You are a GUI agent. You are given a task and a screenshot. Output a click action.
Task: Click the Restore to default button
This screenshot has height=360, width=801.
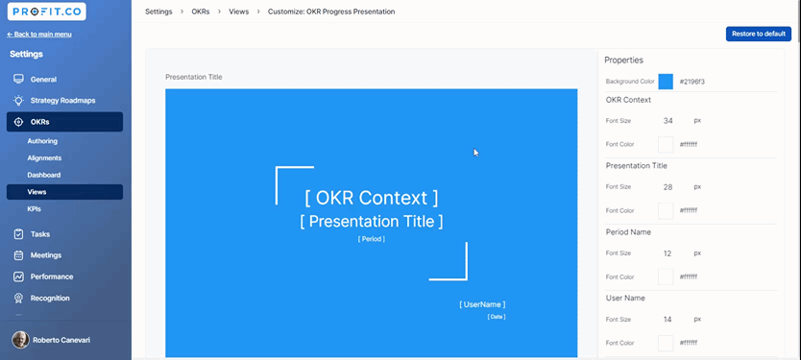pos(759,34)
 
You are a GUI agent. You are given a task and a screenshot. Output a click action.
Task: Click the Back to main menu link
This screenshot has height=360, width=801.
pos(39,35)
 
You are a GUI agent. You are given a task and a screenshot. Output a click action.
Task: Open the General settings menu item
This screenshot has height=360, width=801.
pos(43,79)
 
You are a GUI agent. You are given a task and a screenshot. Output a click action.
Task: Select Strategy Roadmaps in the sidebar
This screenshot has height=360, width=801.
pos(62,101)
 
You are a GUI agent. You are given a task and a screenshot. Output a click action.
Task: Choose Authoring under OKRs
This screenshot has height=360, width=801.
pos(42,141)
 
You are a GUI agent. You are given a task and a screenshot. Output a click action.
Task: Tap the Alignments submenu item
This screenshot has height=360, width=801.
pos(44,157)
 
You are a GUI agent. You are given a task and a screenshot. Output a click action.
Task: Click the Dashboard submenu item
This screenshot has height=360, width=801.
pos(44,175)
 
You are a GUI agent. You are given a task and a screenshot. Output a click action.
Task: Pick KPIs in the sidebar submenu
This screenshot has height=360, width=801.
pos(35,209)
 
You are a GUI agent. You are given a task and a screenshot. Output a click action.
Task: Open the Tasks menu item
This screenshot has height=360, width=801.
pos(39,234)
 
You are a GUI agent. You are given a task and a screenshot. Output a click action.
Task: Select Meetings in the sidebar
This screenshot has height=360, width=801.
pos(46,255)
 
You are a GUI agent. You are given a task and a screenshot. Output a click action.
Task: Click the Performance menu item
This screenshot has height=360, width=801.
pos(52,276)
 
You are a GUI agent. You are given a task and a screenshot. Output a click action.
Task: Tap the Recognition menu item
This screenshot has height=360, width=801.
pos(50,299)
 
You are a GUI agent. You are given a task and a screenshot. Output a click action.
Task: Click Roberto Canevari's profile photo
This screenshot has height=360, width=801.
pos(20,340)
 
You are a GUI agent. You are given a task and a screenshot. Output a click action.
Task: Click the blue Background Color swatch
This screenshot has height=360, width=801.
pos(666,82)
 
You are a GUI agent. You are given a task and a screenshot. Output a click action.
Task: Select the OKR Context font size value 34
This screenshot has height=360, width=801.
pos(667,121)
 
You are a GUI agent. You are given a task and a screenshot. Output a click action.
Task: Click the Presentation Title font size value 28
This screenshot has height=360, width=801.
pos(667,187)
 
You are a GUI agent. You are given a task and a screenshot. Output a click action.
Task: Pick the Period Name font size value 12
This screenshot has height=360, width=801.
pos(667,253)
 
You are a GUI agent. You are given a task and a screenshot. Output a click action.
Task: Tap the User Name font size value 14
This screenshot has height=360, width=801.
pos(667,320)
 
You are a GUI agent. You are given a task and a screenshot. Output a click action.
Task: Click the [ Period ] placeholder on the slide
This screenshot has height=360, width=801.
pos(372,239)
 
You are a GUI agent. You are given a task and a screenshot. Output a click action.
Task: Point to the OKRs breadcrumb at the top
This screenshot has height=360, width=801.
pos(201,12)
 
